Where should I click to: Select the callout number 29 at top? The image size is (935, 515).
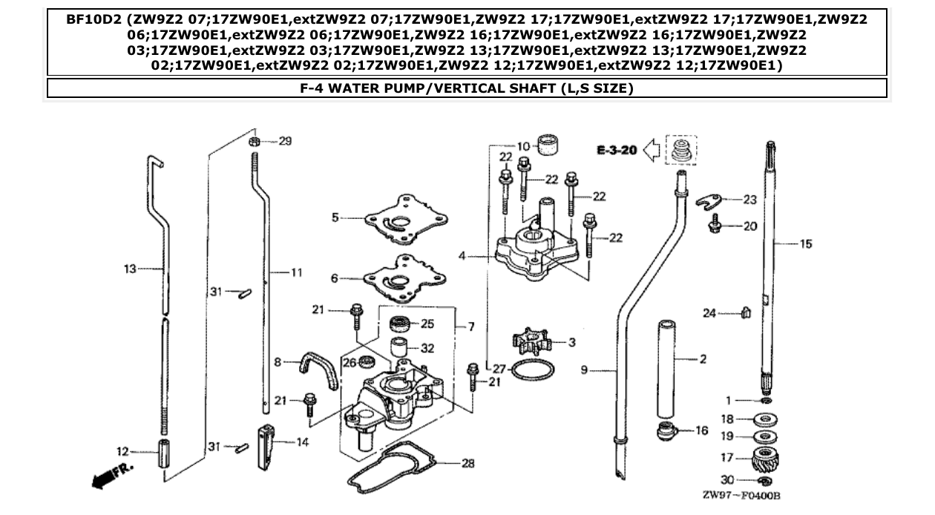tap(285, 141)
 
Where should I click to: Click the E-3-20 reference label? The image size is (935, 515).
tap(617, 151)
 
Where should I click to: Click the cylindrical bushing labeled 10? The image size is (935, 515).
tap(548, 144)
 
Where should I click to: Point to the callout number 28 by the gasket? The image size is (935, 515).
tap(467, 463)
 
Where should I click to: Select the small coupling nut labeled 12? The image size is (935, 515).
tap(165, 452)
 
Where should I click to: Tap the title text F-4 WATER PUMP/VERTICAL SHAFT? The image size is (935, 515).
tap(466, 88)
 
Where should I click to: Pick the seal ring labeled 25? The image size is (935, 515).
tap(401, 324)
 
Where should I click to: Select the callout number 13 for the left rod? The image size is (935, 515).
tap(130, 269)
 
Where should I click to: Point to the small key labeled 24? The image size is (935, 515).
tap(747, 313)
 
